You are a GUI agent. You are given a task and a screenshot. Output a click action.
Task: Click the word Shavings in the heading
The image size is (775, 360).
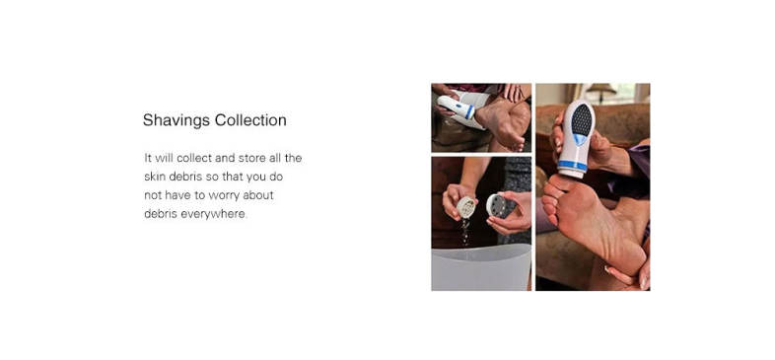[x=176, y=120]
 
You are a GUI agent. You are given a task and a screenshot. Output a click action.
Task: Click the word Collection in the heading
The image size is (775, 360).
[x=250, y=120]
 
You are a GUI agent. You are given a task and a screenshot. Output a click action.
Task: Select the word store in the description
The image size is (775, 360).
[x=251, y=158]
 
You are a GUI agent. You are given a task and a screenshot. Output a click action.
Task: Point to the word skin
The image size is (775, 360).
[x=155, y=177]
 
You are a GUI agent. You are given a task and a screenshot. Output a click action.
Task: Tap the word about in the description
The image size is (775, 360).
[x=258, y=195]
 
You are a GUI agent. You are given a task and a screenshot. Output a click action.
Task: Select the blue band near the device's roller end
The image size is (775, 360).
[x=572, y=165]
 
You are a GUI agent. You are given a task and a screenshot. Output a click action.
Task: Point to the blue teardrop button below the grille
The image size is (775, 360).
[x=580, y=140]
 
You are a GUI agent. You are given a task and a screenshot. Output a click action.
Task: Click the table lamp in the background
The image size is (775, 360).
[x=600, y=94]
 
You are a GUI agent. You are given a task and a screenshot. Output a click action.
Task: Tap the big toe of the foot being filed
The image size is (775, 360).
[x=556, y=183]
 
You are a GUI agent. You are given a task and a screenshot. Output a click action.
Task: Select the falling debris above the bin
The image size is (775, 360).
[x=465, y=232]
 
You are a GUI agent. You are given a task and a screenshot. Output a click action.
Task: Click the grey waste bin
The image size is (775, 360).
[x=481, y=269]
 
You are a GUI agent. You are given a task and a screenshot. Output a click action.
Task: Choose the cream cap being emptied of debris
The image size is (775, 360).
[x=466, y=207]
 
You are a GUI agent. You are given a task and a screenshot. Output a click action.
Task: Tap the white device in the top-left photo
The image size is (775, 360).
[x=458, y=108]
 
